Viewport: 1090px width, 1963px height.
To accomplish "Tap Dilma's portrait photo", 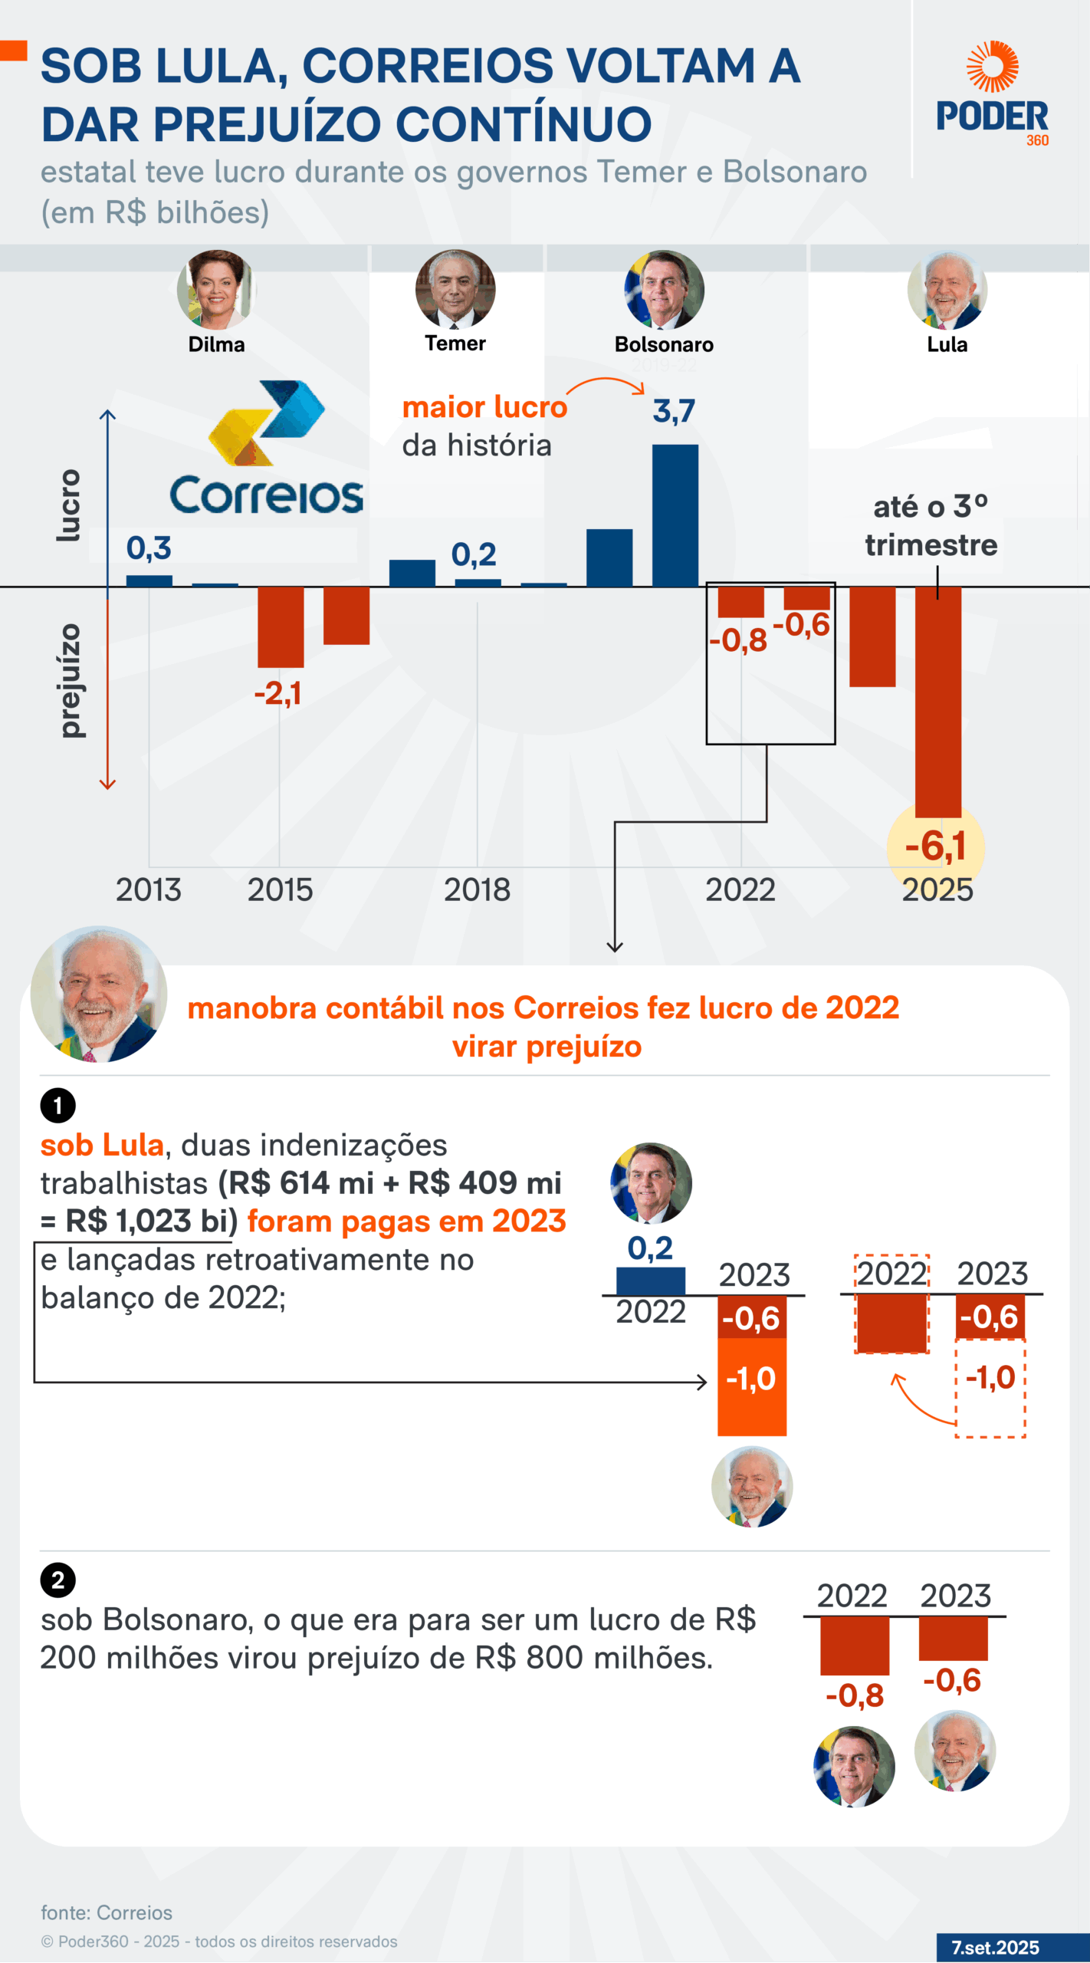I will (x=216, y=290).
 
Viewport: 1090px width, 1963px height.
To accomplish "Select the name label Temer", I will (x=455, y=344).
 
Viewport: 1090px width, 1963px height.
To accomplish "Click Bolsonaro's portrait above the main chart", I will (x=664, y=290).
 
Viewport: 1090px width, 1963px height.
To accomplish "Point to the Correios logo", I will (x=265, y=449).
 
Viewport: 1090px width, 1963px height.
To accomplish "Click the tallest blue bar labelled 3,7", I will (x=675, y=515).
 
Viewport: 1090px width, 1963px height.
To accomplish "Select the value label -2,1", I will (x=277, y=693).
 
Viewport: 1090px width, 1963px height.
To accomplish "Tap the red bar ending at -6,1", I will (x=937, y=702).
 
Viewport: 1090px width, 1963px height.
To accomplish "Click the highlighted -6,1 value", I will (x=935, y=847).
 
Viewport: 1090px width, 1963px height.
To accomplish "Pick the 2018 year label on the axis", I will (x=477, y=890).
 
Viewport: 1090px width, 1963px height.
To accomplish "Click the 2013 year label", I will (x=149, y=890).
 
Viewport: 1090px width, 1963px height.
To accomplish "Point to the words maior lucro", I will (x=484, y=407).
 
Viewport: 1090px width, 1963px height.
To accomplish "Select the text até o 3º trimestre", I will (x=931, y=526).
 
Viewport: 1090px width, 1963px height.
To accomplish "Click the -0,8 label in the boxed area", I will (x=737, y=640).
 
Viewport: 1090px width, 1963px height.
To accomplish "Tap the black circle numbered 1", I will (x=57, y=1106).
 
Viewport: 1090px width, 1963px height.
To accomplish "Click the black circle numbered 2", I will (x=57, y=1580).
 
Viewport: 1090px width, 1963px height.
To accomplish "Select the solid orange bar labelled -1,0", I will (x=751, y=1386).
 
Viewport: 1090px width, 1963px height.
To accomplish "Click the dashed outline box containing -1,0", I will (x=990, y=1388).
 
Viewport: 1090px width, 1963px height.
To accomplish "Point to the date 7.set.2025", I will (x=995, y=1948).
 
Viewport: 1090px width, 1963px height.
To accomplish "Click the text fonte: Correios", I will (x=107, y=1913).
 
